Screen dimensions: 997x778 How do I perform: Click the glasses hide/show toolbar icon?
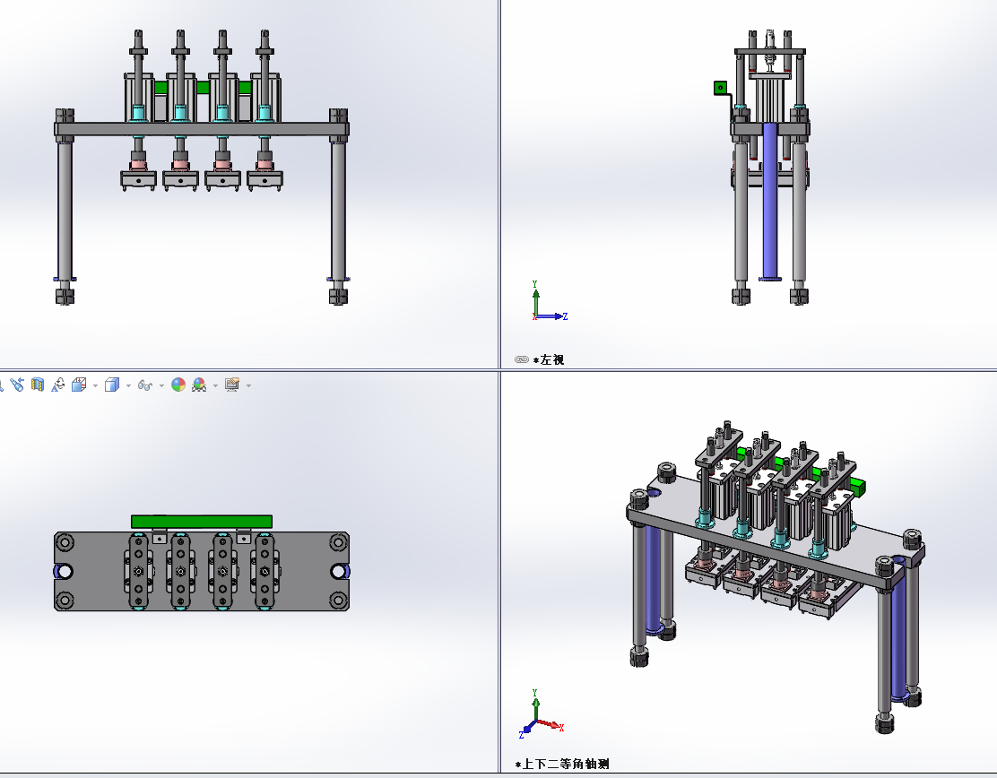click(145, 385)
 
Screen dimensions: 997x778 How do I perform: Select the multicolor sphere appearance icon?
click(178, 385)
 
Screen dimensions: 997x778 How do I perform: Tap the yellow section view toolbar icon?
click(38, 385)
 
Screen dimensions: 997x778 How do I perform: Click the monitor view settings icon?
click(232, 385)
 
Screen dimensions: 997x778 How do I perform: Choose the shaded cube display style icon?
click(112, 385)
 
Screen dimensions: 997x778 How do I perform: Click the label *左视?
click(548, 359)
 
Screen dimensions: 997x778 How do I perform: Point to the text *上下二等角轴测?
click(562, 764)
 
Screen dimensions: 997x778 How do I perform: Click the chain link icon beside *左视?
click(522, 359)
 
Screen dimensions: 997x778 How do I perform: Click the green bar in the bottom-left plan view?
click(202, 522)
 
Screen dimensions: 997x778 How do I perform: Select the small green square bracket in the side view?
click(721, 88)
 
